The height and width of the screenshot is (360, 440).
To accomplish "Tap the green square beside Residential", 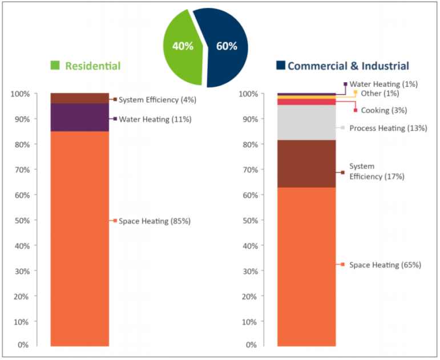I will [55, 66].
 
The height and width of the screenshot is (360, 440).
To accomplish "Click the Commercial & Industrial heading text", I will [348, 66].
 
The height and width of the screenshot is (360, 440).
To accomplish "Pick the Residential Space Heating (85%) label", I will [154, 221].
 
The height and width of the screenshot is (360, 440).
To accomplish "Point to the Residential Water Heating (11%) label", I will [155, 119].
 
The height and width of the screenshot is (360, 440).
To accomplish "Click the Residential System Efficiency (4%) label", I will [157, 100].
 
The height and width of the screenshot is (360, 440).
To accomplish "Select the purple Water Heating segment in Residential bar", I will [79, 118].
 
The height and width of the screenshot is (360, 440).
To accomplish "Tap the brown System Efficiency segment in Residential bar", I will [79, 98].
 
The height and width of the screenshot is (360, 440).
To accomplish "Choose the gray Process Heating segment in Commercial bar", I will [306, 123].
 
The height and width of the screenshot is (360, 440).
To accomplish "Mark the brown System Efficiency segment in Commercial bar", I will [306, 164].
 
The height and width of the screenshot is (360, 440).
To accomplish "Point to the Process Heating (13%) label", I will [388, 128].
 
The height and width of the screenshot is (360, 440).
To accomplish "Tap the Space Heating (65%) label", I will [385, 265].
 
